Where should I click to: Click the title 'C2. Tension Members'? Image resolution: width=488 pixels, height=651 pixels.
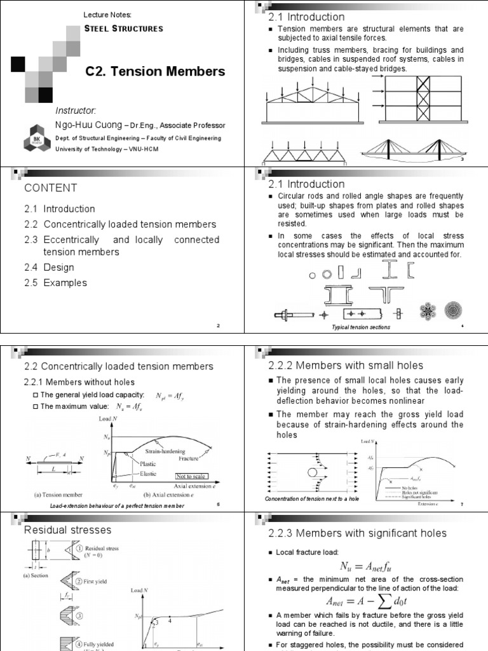click(x=155, y=72)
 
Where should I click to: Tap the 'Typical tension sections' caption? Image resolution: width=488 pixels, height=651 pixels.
click(x=361, y=327)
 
